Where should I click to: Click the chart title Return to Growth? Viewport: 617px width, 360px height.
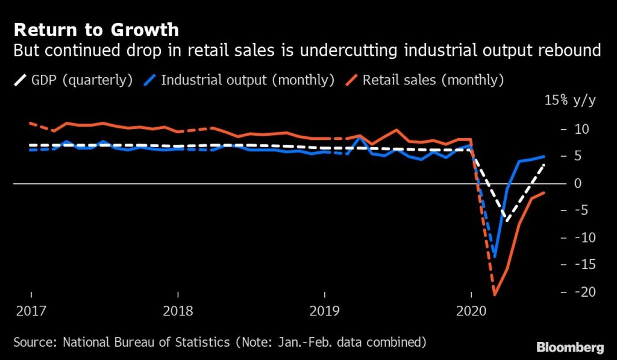click(x=96, y=30)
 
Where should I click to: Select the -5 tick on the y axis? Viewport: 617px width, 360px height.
click(x=580, y=210)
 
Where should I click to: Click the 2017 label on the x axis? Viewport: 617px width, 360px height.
click(x=31, y=312)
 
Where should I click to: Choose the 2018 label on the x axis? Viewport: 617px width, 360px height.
click(x=178, y=312)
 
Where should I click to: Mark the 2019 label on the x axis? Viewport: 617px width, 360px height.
click(x=325, y=312)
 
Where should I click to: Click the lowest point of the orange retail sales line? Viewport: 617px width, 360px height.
click(x=494, y=295)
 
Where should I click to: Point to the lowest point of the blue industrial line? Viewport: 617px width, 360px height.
click(x=495, y=257)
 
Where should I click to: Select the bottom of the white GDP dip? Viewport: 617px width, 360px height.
click(x=507, y=221)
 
